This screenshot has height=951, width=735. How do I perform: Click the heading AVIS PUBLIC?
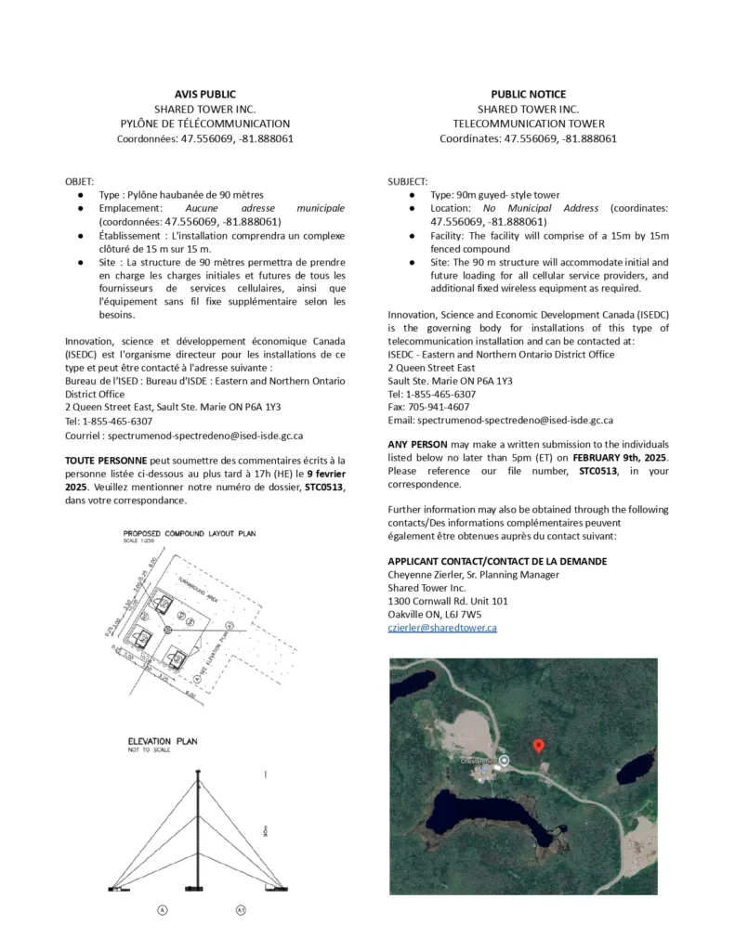coord(205,94)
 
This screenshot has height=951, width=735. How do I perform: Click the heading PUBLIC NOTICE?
coord(528,94)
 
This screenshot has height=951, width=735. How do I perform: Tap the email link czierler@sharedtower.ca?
coord(441,628)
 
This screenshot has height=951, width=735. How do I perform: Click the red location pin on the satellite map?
coord(537,745)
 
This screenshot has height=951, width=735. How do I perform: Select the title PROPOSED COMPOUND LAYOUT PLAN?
coord(190,533)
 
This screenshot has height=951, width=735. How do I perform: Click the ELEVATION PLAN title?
coord(163,741)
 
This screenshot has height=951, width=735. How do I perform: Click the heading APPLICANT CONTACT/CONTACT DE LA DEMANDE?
coord(497,561)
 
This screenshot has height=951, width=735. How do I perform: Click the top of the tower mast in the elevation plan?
coord(197,772)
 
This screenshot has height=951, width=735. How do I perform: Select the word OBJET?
coord(80,181)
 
